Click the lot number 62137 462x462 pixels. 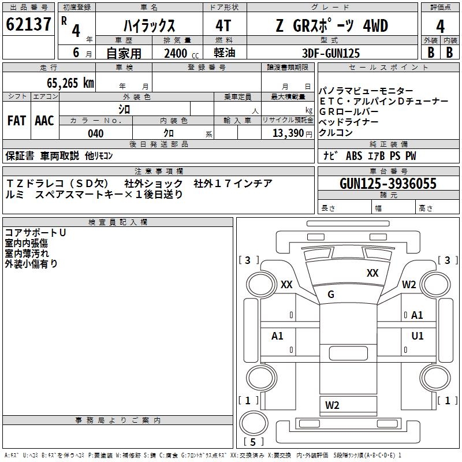(x=29, y=25)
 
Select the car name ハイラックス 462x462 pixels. (x=150, y=26)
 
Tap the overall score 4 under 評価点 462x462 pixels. (x=440, y=27)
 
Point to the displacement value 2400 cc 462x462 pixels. (x=177, y=53)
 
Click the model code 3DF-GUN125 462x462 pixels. (x=331, y=53)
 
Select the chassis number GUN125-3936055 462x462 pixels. (x=388, y=184)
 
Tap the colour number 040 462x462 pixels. (x=96, y=134)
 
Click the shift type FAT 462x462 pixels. (x=16, y=121)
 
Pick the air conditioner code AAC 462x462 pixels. (x=44, y=121)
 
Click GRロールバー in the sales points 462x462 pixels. (x=349, y=111)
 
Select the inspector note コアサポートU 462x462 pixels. (x=35, y=233)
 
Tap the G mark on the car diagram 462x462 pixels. (x=331, y=295)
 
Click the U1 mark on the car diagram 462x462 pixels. (x=418, y=336)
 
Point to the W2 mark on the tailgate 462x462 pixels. (x=332, y=405)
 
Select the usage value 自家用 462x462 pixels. (x=124, y=53)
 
